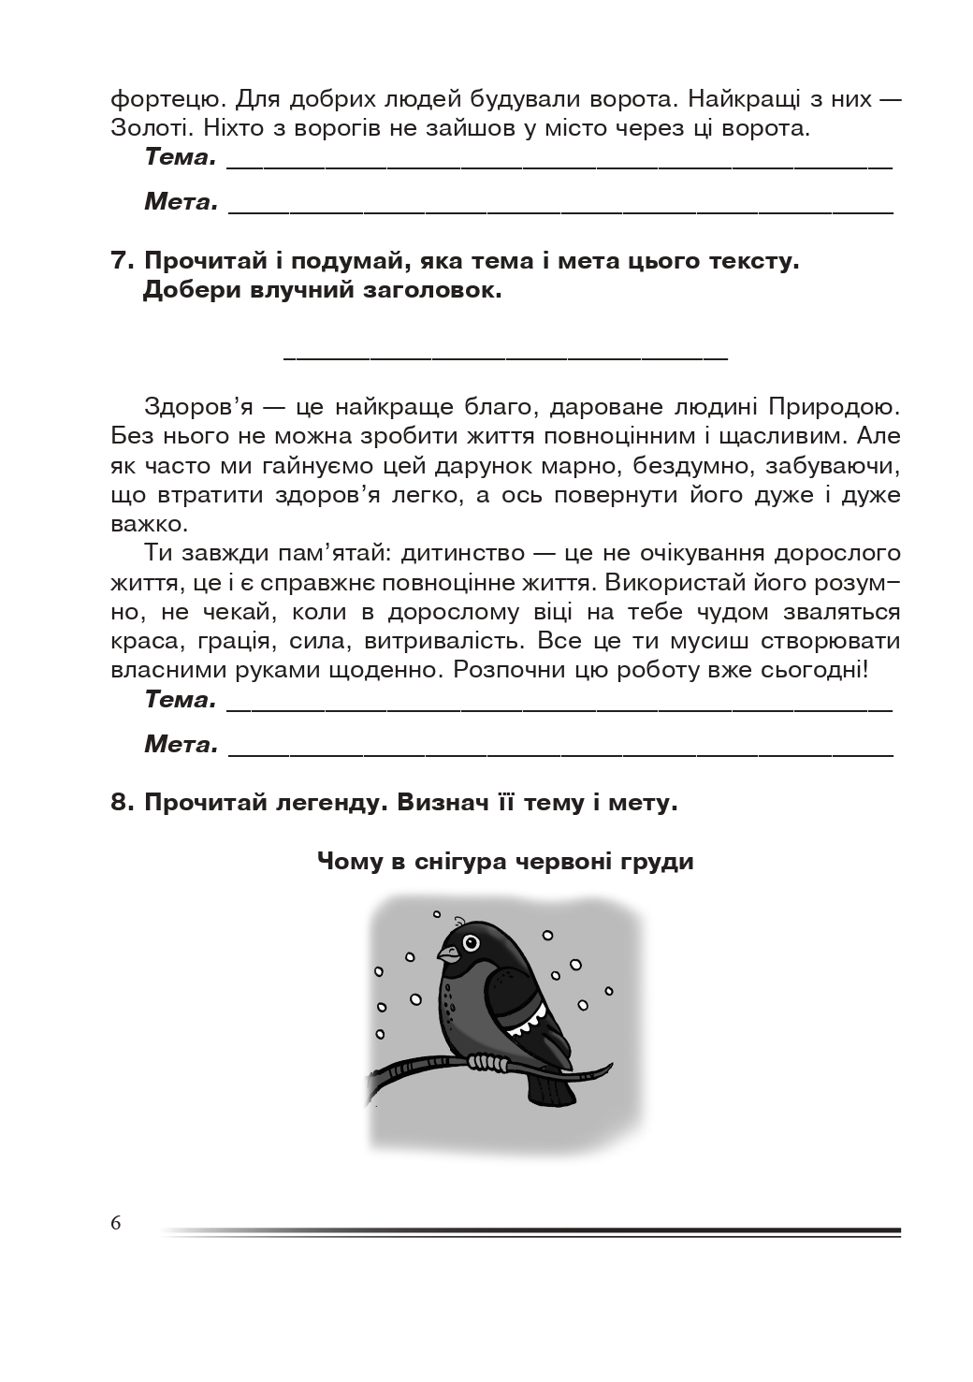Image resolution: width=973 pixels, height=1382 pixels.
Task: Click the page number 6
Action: coord(116,1223)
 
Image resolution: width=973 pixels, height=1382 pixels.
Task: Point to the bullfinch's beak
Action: coord(448,955)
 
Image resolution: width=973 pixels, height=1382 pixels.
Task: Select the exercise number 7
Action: coord(123,261)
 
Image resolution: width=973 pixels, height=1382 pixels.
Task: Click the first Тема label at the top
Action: coord(181,157)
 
